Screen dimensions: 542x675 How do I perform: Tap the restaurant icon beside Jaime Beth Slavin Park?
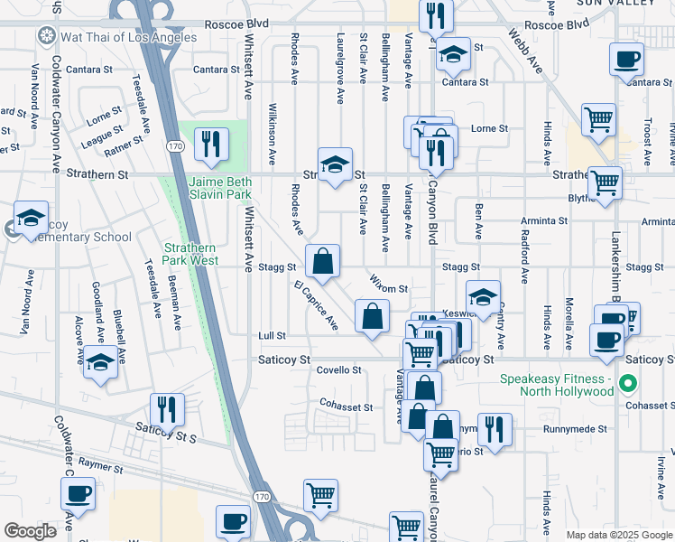click(211, 144)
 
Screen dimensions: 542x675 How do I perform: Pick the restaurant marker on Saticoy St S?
click(167, 408)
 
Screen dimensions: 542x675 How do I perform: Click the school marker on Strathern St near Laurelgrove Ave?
click(334, 165)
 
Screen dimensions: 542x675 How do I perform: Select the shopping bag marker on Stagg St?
click(322, 262)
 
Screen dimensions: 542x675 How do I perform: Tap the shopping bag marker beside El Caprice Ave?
click(372, 317)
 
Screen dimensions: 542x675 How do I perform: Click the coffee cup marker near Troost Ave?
click(627, 60)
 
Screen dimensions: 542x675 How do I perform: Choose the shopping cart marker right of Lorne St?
click(598, 119)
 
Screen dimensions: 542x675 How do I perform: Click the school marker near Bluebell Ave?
click(100, 363)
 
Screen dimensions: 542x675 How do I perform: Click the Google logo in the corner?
click(30, 531)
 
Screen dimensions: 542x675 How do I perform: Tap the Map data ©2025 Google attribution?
click(619, 535)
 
